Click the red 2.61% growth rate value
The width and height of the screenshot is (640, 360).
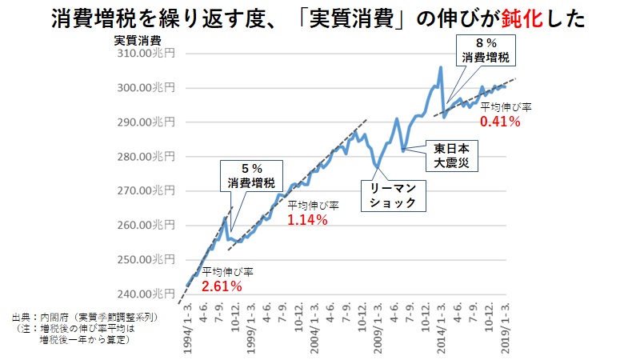pos(222,286)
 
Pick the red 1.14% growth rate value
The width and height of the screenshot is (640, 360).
pos(307,219)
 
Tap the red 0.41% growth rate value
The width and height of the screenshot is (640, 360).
pos(500,122)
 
